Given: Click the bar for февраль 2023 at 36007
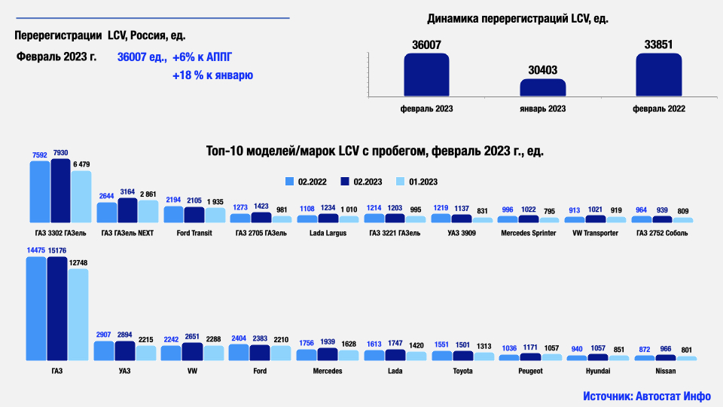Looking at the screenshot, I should point(426,74).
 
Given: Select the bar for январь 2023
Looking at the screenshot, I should point(542,87).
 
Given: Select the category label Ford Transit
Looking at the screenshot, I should point(194,233).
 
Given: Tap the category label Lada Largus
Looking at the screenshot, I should point(328,233).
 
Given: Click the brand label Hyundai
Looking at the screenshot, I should point(599,372).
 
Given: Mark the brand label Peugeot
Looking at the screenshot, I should point(530,372).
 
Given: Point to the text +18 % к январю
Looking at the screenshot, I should point(212,75).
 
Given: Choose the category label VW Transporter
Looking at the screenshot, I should point(596,233).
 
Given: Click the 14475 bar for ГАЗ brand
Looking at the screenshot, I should point(36,309).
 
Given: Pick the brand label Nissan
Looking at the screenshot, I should point(666,372).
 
